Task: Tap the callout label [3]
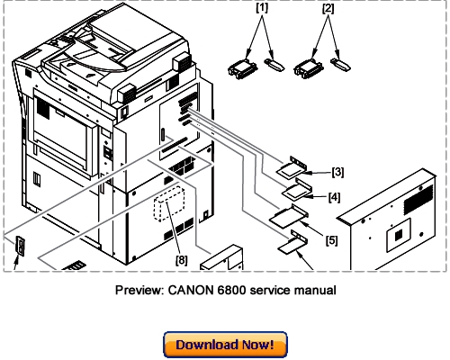337,171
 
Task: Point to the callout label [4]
334,196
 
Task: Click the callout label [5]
331,240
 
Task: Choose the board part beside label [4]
298,189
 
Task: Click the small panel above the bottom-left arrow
20,245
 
